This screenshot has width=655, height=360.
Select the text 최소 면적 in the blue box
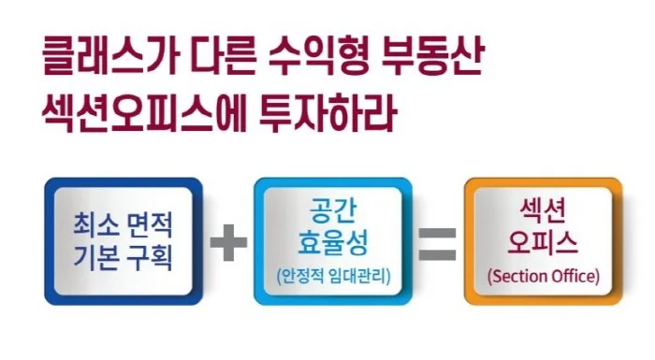[123, 226]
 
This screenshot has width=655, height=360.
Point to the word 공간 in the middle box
[331, 211]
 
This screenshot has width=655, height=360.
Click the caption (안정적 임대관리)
[332, 277]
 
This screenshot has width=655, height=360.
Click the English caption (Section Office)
[543, 277]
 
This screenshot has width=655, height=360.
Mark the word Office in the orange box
[570, 277]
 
